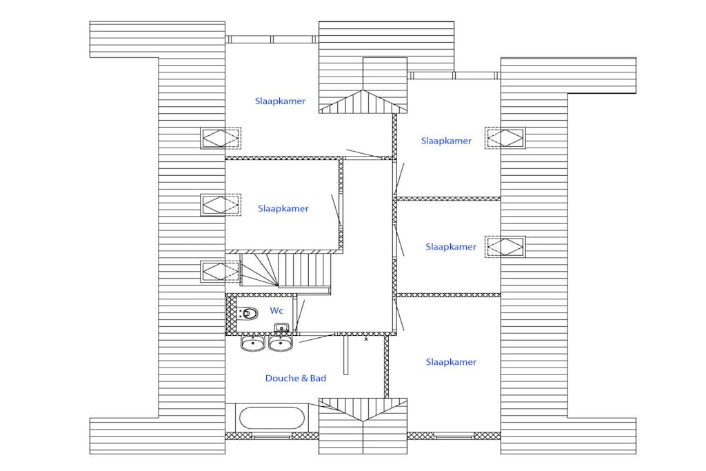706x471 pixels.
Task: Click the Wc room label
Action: point(276,311)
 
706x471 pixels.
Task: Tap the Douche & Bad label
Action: point(295,378)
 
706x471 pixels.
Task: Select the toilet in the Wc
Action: point(247,312)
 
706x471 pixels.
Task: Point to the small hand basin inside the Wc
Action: point(281,328)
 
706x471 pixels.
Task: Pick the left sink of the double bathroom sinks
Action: point(252,343)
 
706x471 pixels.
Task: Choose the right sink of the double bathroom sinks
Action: point(281,343)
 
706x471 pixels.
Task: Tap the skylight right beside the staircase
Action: point(221,272)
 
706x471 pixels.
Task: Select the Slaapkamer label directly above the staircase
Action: point(283,208)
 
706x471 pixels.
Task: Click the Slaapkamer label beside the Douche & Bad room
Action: point(451,362)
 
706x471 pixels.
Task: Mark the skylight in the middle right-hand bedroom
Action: point(505,247)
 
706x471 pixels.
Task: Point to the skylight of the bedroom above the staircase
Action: point(221,205)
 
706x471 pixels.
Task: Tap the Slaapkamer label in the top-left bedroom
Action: point(280,101)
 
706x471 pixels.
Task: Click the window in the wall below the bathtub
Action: point(272,436)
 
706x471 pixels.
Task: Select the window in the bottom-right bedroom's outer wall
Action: point(454,436)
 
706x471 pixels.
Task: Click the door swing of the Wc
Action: point(300,316)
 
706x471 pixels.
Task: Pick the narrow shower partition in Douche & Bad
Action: point(346,355)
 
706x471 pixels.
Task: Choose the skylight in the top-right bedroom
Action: point(505,138)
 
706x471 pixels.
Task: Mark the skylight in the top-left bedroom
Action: point(221,138)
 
